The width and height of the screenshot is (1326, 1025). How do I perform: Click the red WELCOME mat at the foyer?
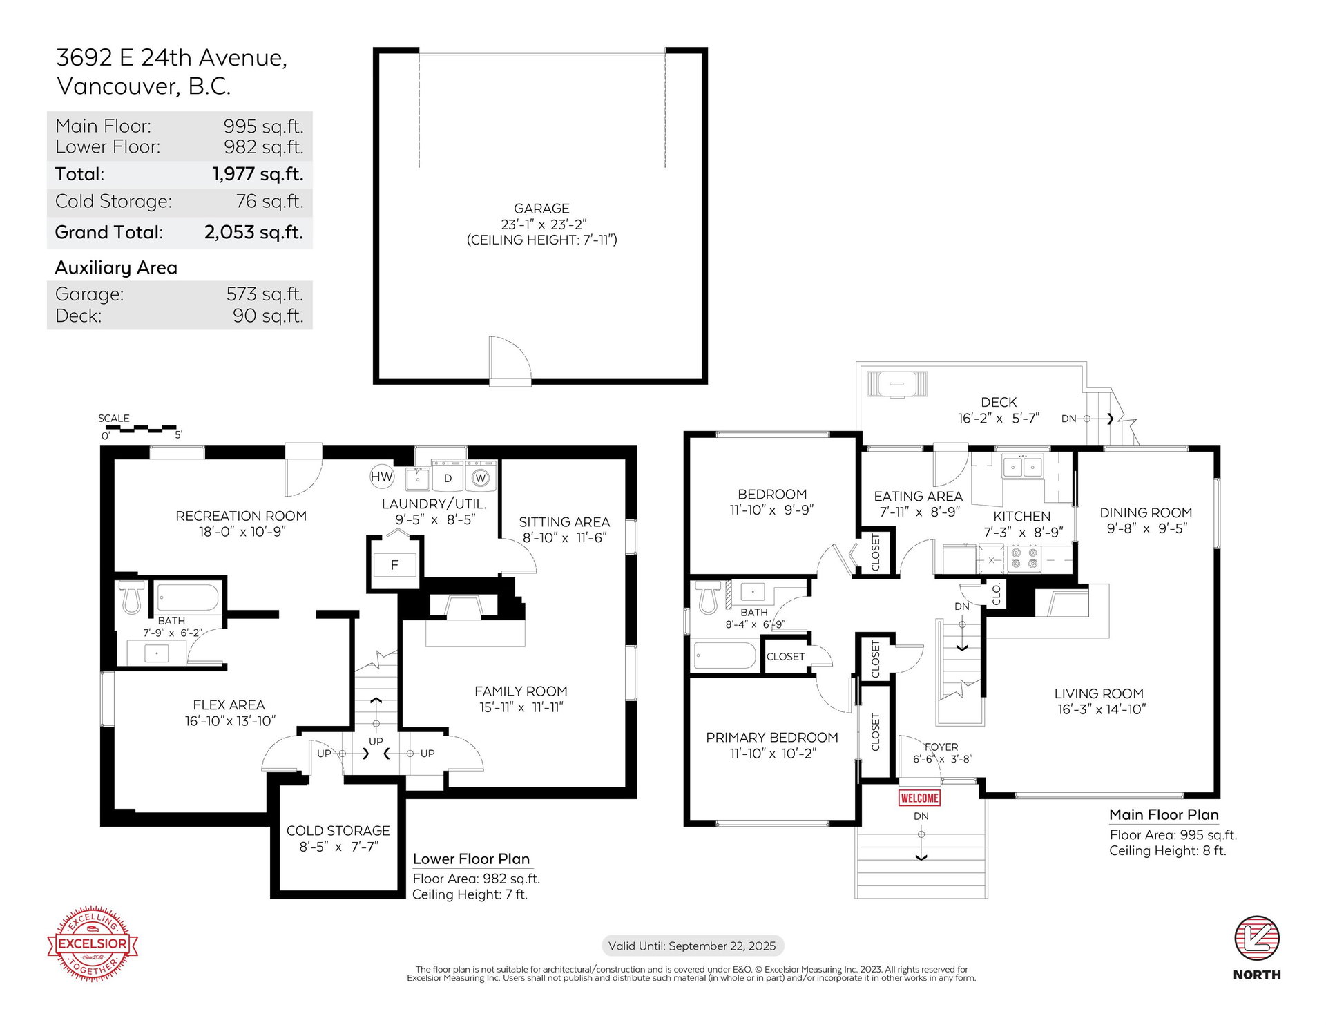pyautogui.click(x=919, y=798)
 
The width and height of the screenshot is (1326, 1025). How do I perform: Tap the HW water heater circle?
pyautogui.click(x=381, y=476)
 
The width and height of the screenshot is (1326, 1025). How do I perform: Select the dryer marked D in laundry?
pyautogui.click(x=448, y=477)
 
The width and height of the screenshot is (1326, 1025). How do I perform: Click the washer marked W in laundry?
pyautogui.click(x=481, y=477)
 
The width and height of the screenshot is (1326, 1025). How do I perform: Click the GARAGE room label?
pyautogui.click(x=541, y=209)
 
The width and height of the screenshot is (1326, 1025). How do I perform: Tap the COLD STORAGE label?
pyautogui.click(x=338, y=830)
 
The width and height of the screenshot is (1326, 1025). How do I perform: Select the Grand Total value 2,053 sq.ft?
pyautogui.click(x=253, y=232)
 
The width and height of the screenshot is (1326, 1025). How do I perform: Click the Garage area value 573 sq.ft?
pyautogui.click(x=265, y=294)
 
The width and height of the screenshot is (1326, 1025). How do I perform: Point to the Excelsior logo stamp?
pyautogui.click(x=93, y=943)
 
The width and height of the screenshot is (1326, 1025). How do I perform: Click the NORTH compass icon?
pyautogui.click(x=1257, y=938)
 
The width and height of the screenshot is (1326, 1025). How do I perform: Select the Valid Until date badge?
pyautogui.click(x=692, y=946)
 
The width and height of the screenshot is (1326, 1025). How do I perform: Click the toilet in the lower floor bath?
pyautogui.click(x=131, y=597)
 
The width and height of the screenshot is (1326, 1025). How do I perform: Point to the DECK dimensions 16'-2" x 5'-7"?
pyautogui.click(x=999, y=419)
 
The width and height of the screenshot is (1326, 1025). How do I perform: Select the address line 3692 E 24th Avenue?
pyautogui.click(x=171, y=58)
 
